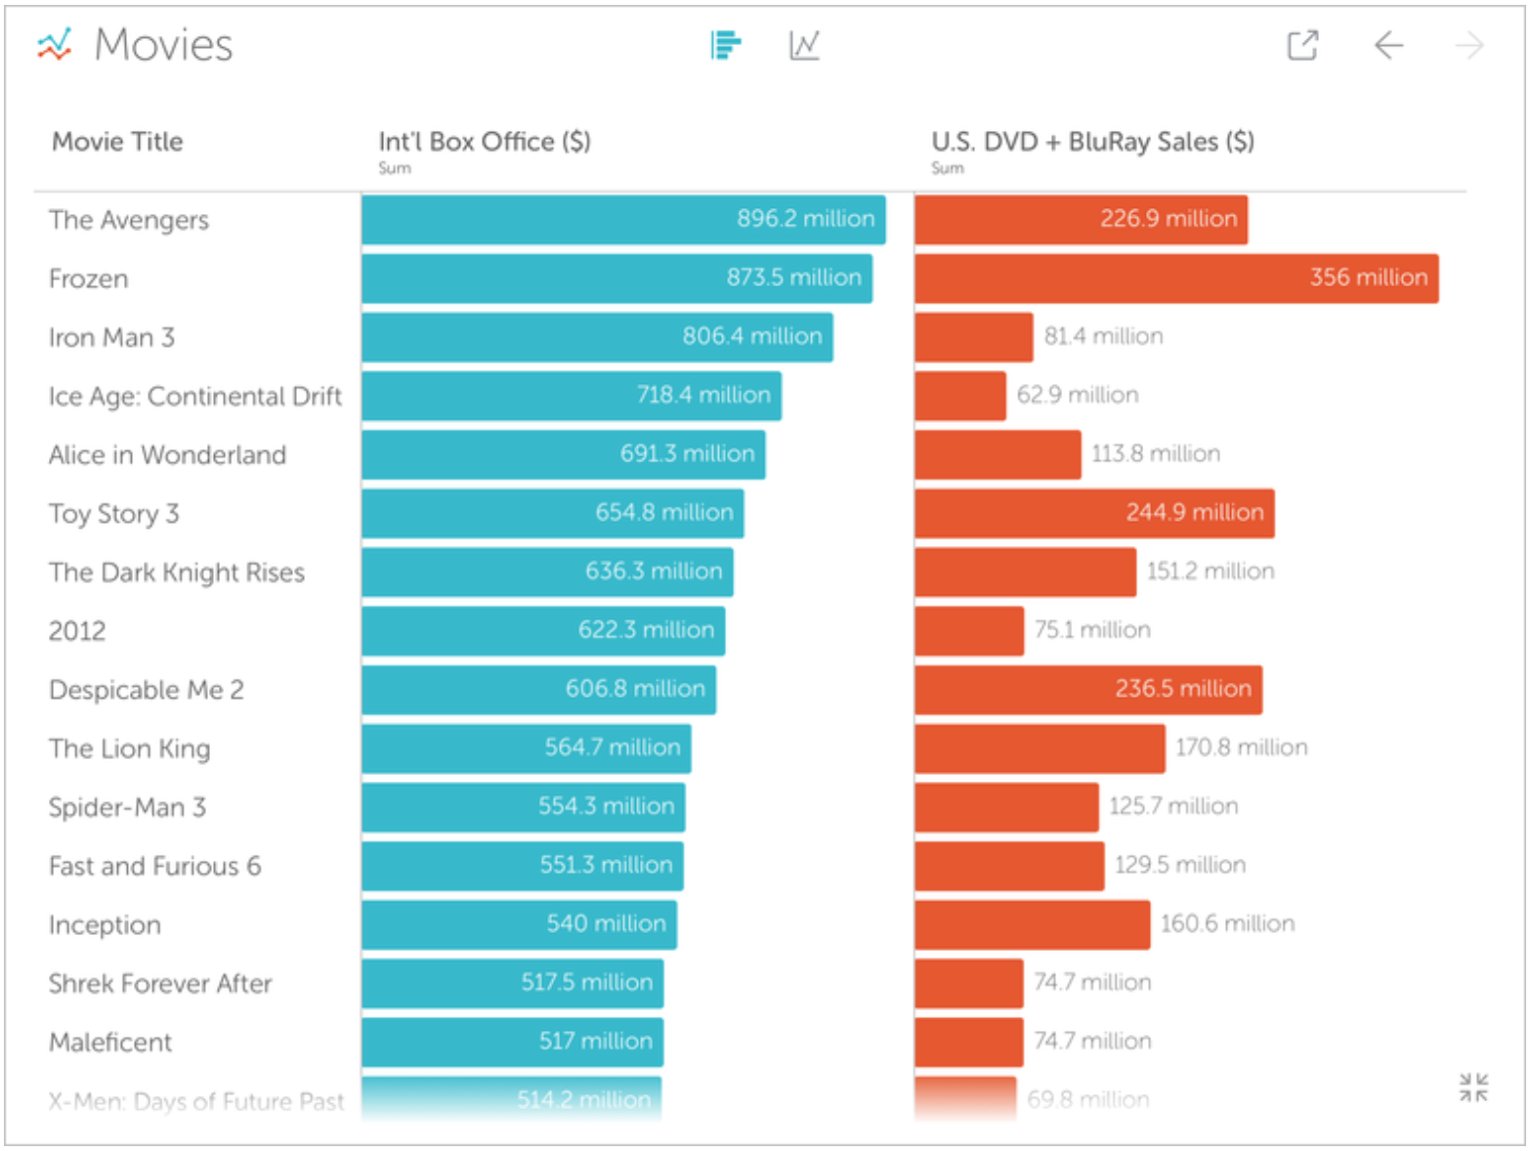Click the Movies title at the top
coord(162,45)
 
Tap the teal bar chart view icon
coord(726,45)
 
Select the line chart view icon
coord(804,45)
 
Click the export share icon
coord(1302,45)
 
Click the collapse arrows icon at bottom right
coord(1472,1087)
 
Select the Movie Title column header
coord(117,142)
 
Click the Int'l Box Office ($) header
coord(485,142)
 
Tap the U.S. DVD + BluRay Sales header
coord(1092,142)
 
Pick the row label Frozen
coord(89,278)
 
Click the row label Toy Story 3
coord(113,514)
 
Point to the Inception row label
coord(105,925)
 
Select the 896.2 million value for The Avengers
coord(805,219)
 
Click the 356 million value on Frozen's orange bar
coord(1368,277)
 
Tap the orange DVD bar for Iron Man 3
coord(974,337)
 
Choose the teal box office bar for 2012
coord(543,631)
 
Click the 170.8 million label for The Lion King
coord(1241,747)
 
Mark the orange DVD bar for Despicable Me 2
coord(1088,690)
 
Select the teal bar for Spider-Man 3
coord(524,807)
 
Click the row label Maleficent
coord(110,1043)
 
